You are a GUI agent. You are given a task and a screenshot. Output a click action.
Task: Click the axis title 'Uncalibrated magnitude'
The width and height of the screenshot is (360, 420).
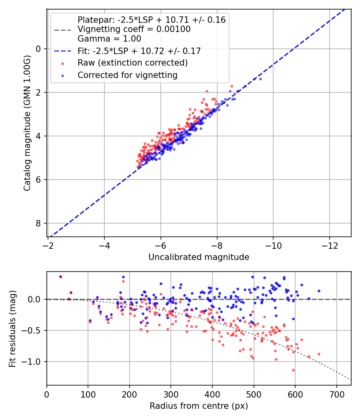(x=199, y=257)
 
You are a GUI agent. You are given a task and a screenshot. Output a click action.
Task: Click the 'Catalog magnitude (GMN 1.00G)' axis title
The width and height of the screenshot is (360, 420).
(x=27, y=123)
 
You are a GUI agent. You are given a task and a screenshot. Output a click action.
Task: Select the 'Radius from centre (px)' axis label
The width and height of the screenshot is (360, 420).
(x=199, y=406)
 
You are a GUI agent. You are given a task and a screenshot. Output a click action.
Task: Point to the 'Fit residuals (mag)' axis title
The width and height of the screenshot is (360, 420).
(x=12, y=329)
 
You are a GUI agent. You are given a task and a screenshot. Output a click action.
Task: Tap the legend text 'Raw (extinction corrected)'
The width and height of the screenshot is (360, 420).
(x=132, y=63)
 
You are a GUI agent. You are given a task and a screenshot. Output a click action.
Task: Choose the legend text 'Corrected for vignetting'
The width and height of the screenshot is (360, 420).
(x=128, y=75)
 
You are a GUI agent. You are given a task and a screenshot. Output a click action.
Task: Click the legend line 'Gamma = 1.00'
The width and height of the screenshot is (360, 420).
(x=109, y=38)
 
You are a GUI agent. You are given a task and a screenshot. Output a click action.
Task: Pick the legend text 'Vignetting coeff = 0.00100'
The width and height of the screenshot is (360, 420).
(x=134, y=29)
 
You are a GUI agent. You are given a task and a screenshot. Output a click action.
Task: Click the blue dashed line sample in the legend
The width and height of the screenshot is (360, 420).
(x=63, y=51)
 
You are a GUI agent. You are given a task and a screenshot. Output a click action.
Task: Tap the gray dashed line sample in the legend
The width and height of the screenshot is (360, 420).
(x=63, y=30)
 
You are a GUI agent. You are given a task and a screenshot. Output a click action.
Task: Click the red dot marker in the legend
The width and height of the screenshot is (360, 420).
(x=63, y=64)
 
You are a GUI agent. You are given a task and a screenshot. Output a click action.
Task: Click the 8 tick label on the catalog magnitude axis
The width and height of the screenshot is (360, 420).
(x=38, y=223)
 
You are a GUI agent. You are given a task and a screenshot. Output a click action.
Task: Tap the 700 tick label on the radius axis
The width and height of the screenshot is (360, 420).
(x=336, y=394)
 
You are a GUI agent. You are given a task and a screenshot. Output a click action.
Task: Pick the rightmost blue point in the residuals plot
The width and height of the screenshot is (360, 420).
(x=319, y=291)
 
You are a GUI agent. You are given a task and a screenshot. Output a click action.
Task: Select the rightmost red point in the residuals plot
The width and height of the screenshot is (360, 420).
(x=319, y=354)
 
